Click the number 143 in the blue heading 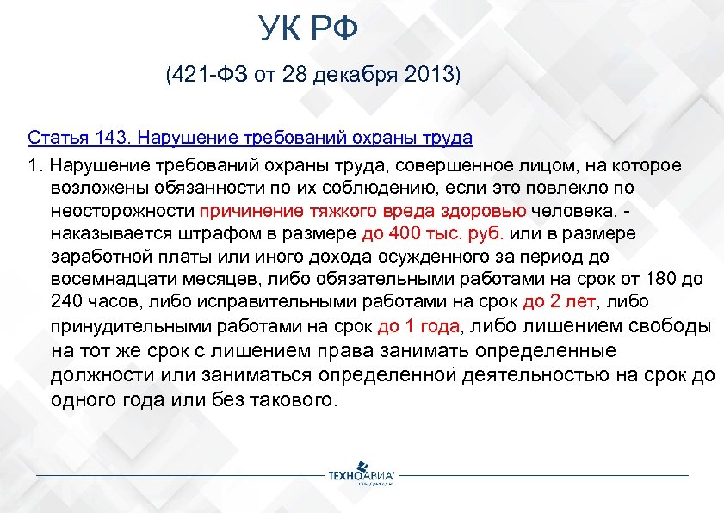pos(108,138)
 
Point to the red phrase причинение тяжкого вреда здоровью pos(362,212)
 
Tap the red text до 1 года pos(419,326)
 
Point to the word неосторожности pos(122,212)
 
